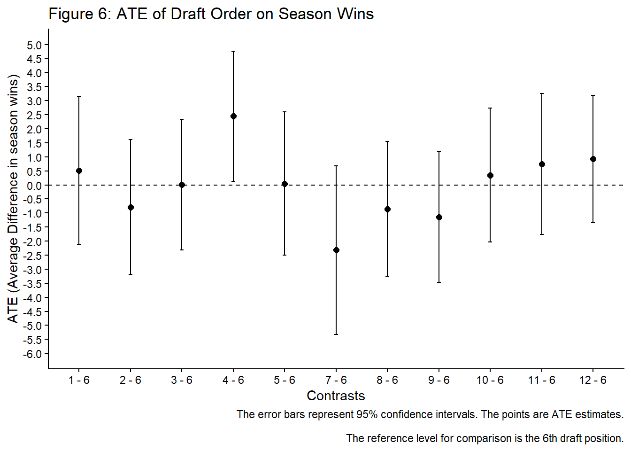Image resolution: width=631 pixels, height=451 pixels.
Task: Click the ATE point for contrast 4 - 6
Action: tap(233, 116)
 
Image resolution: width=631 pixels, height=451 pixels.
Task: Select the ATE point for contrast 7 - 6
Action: tap(336, 250)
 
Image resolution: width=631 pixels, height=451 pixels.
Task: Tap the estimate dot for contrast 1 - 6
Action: tap(79, 171)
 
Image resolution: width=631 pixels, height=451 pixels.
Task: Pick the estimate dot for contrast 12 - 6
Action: tap(593, 159)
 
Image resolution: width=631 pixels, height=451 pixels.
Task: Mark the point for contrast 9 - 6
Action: tap(439, 217)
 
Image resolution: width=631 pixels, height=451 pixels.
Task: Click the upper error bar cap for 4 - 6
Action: tap(233, 51)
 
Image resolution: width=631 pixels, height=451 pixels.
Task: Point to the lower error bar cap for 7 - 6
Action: tap(336, 334)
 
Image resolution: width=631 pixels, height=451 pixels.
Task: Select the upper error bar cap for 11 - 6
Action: tap(542, 93)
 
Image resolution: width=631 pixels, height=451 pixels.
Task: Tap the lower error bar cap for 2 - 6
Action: tap(131, 274)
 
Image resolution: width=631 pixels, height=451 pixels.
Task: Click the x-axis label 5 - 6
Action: tap(285, 380)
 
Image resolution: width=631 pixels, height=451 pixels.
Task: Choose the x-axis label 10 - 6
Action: tap(490, 380)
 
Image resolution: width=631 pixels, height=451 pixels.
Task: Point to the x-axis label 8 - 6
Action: tap(387, 380)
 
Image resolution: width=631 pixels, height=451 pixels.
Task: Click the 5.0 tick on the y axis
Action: tap(34, 45)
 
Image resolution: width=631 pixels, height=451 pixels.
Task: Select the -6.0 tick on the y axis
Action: tap(32, 354)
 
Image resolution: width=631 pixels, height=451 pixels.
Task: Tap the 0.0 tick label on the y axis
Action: tap(34, 186)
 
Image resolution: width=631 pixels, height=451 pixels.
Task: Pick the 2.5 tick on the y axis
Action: tap(34, 115)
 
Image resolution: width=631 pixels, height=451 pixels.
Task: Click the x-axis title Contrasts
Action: tap(336, 396)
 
